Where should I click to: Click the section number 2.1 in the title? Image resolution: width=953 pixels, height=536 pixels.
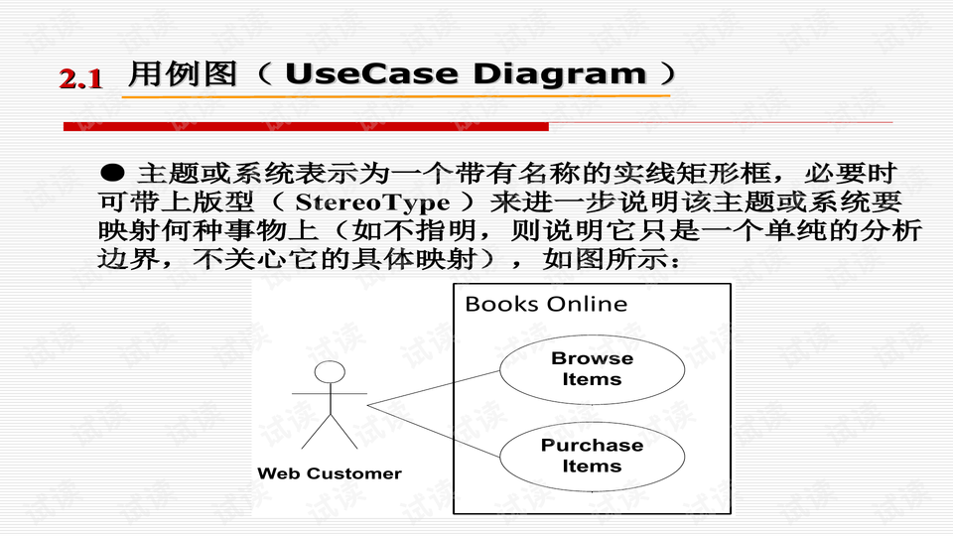pyautogui.click(x=81, y=78)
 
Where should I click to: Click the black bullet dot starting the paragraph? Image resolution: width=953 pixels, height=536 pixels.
pyautogui.click(x=114, y=172)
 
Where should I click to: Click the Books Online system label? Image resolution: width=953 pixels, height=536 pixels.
pyautogui.click(x=546, y=304)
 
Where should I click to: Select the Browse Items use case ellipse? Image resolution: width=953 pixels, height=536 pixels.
pyautogui.click(x=592, y=369)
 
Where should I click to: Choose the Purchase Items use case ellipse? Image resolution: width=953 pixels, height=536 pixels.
pyautogui.click(x=592, y=456)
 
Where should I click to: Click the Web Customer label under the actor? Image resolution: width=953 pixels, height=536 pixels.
pyautogui.click(x=330, y=473)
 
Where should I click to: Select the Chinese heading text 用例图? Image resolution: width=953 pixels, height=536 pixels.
pyautogui.click(x=183, y=74)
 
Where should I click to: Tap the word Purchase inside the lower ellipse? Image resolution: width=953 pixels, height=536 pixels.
pyautogui.click(x=592, y=446)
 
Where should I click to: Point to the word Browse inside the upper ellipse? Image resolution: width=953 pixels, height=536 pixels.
pyautogui.click(x=592, y=358)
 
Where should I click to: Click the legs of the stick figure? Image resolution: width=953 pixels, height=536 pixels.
pyautogui.click(x=328, y=434)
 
